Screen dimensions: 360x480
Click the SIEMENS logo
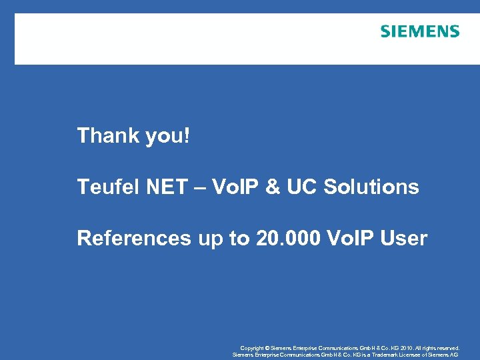(420, 31)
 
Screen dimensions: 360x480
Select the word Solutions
(371, 187)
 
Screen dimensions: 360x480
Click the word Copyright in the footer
(252, 348)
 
